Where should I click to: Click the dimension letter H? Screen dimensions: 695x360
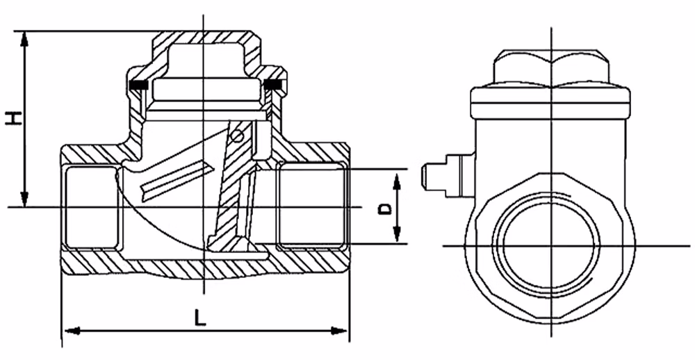(14, 118)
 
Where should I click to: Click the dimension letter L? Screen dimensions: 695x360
(200, 318)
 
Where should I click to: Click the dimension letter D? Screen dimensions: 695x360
(385, 208)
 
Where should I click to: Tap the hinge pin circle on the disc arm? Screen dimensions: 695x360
(238, 136)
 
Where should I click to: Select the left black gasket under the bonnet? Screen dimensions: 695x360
(138, 84)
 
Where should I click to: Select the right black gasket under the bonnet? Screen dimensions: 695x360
(272, 84)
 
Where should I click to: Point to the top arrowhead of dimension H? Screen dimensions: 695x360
(24, 39)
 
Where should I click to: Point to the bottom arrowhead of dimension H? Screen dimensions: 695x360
(24, 199)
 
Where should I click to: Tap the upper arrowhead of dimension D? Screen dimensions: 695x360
(397, 182)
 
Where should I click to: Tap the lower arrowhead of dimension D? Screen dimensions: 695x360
(397, 234)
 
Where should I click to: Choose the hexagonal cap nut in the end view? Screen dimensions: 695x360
(551, 67)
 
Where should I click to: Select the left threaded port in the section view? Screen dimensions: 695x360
(91, 207)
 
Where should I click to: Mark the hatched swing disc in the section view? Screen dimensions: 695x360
(231, 186)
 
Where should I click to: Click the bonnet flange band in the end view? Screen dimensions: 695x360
(550, 102)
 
